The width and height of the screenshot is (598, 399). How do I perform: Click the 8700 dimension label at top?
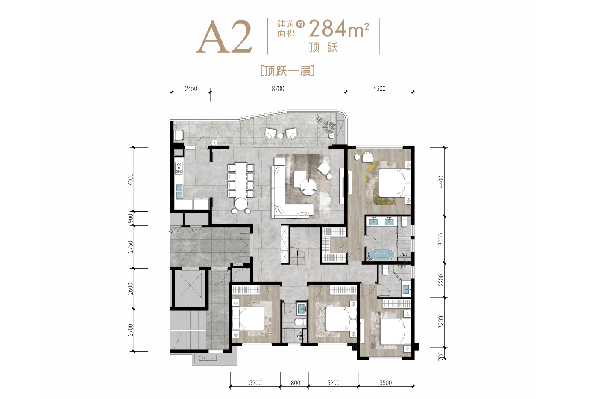point(278,89)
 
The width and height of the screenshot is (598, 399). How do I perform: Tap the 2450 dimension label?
point(191,89)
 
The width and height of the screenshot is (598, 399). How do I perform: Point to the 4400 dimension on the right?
point(441,181)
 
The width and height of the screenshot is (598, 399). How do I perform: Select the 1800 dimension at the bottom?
point(294,383)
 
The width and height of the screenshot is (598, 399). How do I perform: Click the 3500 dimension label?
point(385,383)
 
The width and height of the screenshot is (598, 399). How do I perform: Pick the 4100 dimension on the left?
point(130,179)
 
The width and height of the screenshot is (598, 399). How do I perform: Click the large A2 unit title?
point(224,36)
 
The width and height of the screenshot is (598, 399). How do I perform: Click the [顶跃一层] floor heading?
point(287,71)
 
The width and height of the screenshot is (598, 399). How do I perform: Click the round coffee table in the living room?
point(308,187)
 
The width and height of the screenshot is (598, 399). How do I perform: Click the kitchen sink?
point(179,191)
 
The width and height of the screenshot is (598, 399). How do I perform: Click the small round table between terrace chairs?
point(281,136)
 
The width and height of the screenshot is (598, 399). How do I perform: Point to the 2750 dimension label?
point(130,247)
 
